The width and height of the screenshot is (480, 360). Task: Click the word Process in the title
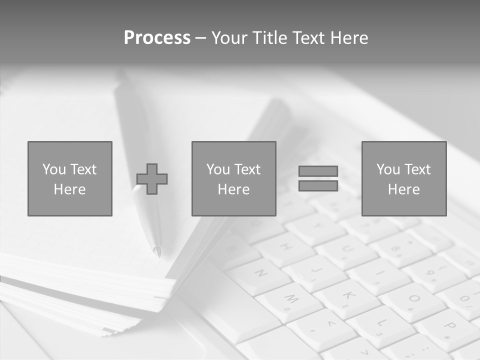point(157,38)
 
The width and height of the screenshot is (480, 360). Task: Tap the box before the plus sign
point(70,179)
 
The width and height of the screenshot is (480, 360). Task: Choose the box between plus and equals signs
point(234,179)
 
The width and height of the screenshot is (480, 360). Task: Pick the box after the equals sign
point(404,179)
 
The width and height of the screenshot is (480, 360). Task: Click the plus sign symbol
point(152,179)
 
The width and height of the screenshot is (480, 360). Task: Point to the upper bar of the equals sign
point(318,171)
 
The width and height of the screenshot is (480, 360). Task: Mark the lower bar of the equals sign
point(318,186)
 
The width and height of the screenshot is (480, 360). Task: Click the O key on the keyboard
point(413,299)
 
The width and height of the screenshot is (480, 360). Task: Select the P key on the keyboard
point(448,327)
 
